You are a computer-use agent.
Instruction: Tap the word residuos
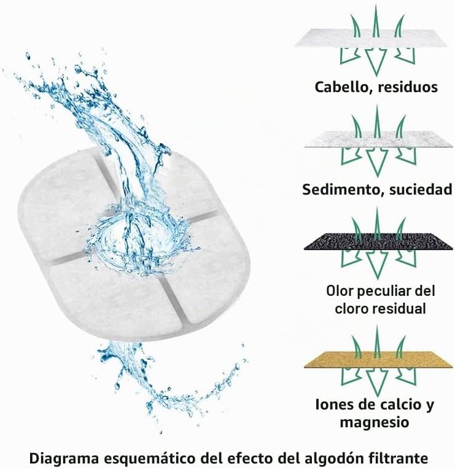(x=408, y=87)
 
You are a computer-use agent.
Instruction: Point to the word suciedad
(x=421, y=189)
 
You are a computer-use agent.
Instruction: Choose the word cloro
(x=351, y=309)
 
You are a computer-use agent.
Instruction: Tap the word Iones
(x=333, y=405)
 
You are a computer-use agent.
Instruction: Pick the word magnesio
(x=374, y=423)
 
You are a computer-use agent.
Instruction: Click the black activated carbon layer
(x=378, y=242)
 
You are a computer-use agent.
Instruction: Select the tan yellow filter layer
(x=378, y=359)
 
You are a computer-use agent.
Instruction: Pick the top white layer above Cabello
(x=371, y=38)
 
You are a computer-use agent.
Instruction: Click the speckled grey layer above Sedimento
(x=378, y=140)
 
